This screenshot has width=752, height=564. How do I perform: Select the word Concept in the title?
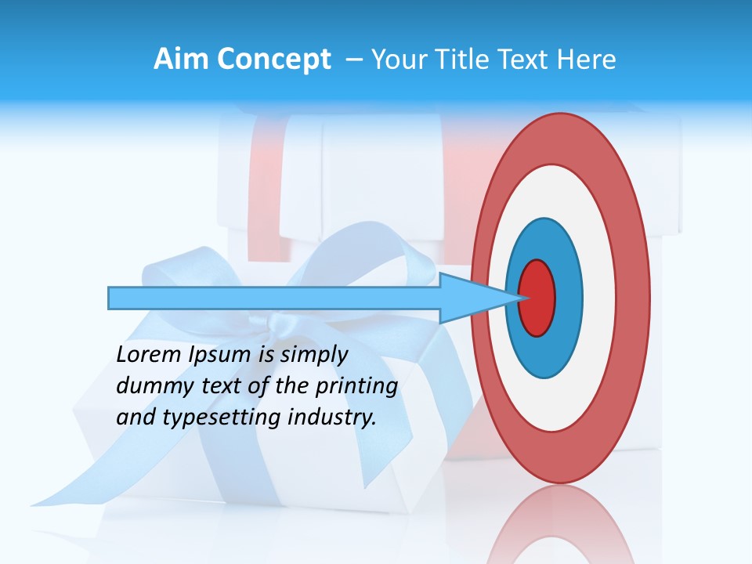tap(273, 60)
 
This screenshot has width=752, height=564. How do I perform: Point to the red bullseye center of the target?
tap(537, 298)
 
